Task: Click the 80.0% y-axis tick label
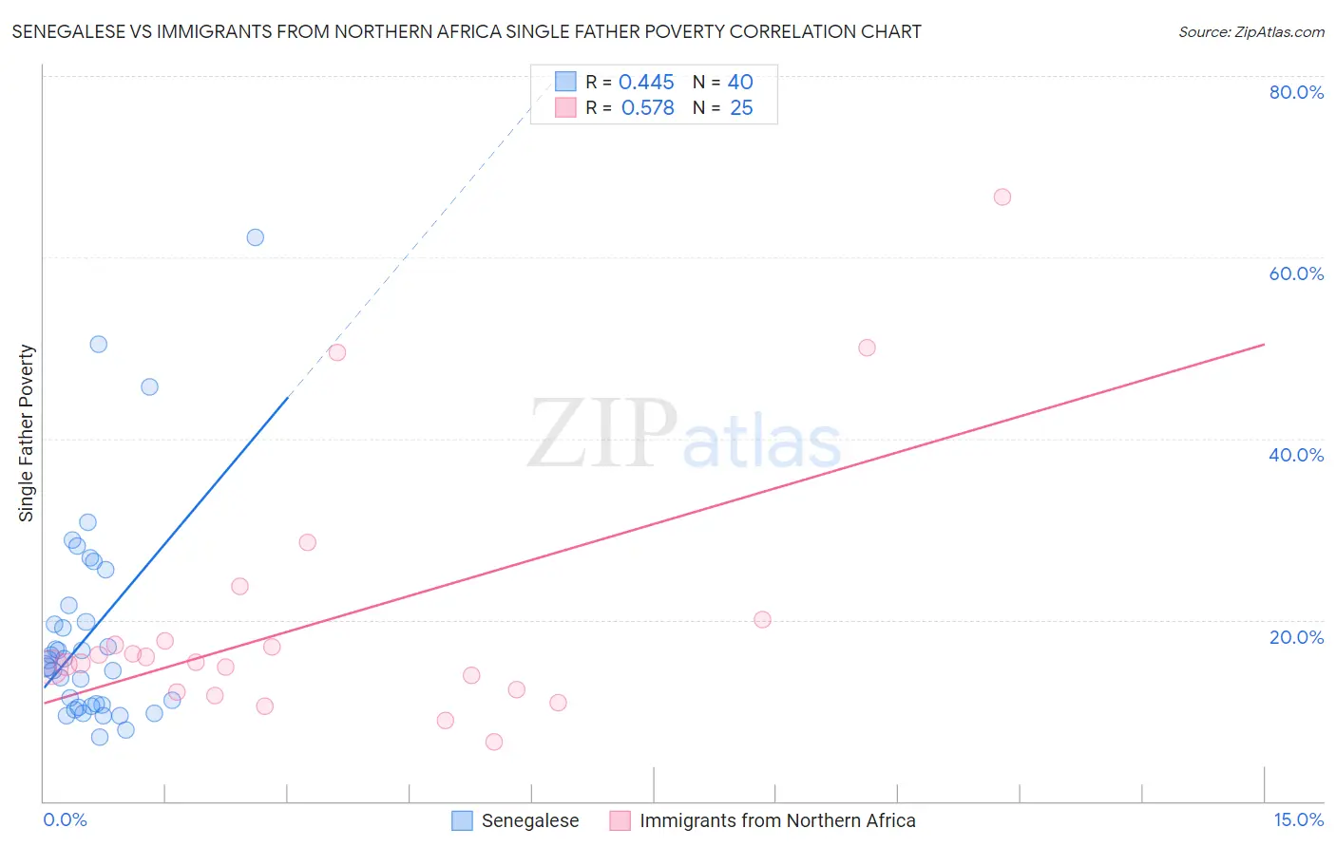tap(1296, 92)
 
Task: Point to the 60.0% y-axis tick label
tap(1296, 273)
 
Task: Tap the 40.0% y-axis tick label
tap(1296, 455)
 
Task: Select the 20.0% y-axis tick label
tap(1296, 637)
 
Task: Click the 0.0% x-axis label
tap(65, 819)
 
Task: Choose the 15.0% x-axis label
tap(1298, 819)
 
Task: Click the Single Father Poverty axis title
tap(26, 433)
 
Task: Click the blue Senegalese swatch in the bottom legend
tap(462, 820)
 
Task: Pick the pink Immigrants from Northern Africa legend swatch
tap(620, 820)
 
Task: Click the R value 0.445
tap(646, 83)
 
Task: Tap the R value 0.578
tap(647, 108)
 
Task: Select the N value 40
tap(740, 83)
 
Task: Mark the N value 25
tap(741, 108)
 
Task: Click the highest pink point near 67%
tap(1002, 198)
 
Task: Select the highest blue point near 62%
tap(255, 237)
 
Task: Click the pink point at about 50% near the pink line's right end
tap(867, 348)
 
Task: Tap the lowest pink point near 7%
tap(494, 742)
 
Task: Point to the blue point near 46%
tap(149, 386)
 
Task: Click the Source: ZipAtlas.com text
tap(1250, 32)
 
